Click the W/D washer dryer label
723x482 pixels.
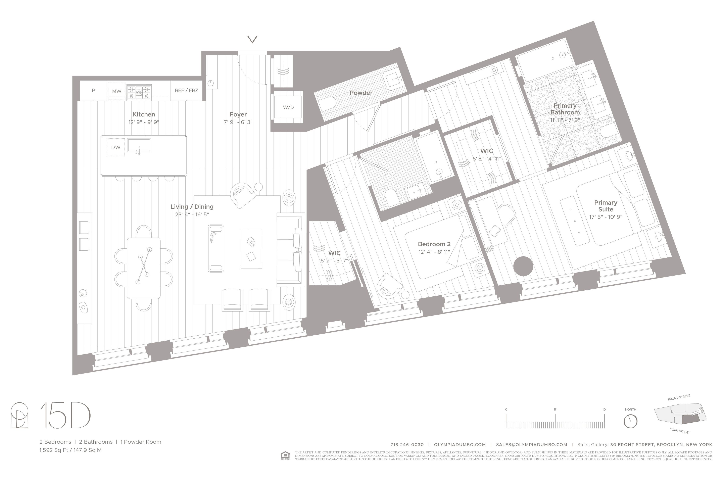click(x=288, y=107)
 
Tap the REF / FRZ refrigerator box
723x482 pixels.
click(x=186, y=90)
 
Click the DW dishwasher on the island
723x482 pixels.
click(x=116, y=147)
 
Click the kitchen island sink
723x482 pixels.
click(x=139, y=145)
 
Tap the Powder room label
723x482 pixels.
click(x=360, y=93)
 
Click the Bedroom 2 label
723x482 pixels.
click(x=434, y=244)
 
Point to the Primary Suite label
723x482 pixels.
click(x=605, y=206)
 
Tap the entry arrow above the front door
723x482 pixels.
click(x=252, y=39)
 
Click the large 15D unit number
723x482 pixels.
click(x=65, y=415)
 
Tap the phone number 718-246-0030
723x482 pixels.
click(x=407, y=444)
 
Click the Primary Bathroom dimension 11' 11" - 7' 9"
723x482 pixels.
click(x=565, y=120)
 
